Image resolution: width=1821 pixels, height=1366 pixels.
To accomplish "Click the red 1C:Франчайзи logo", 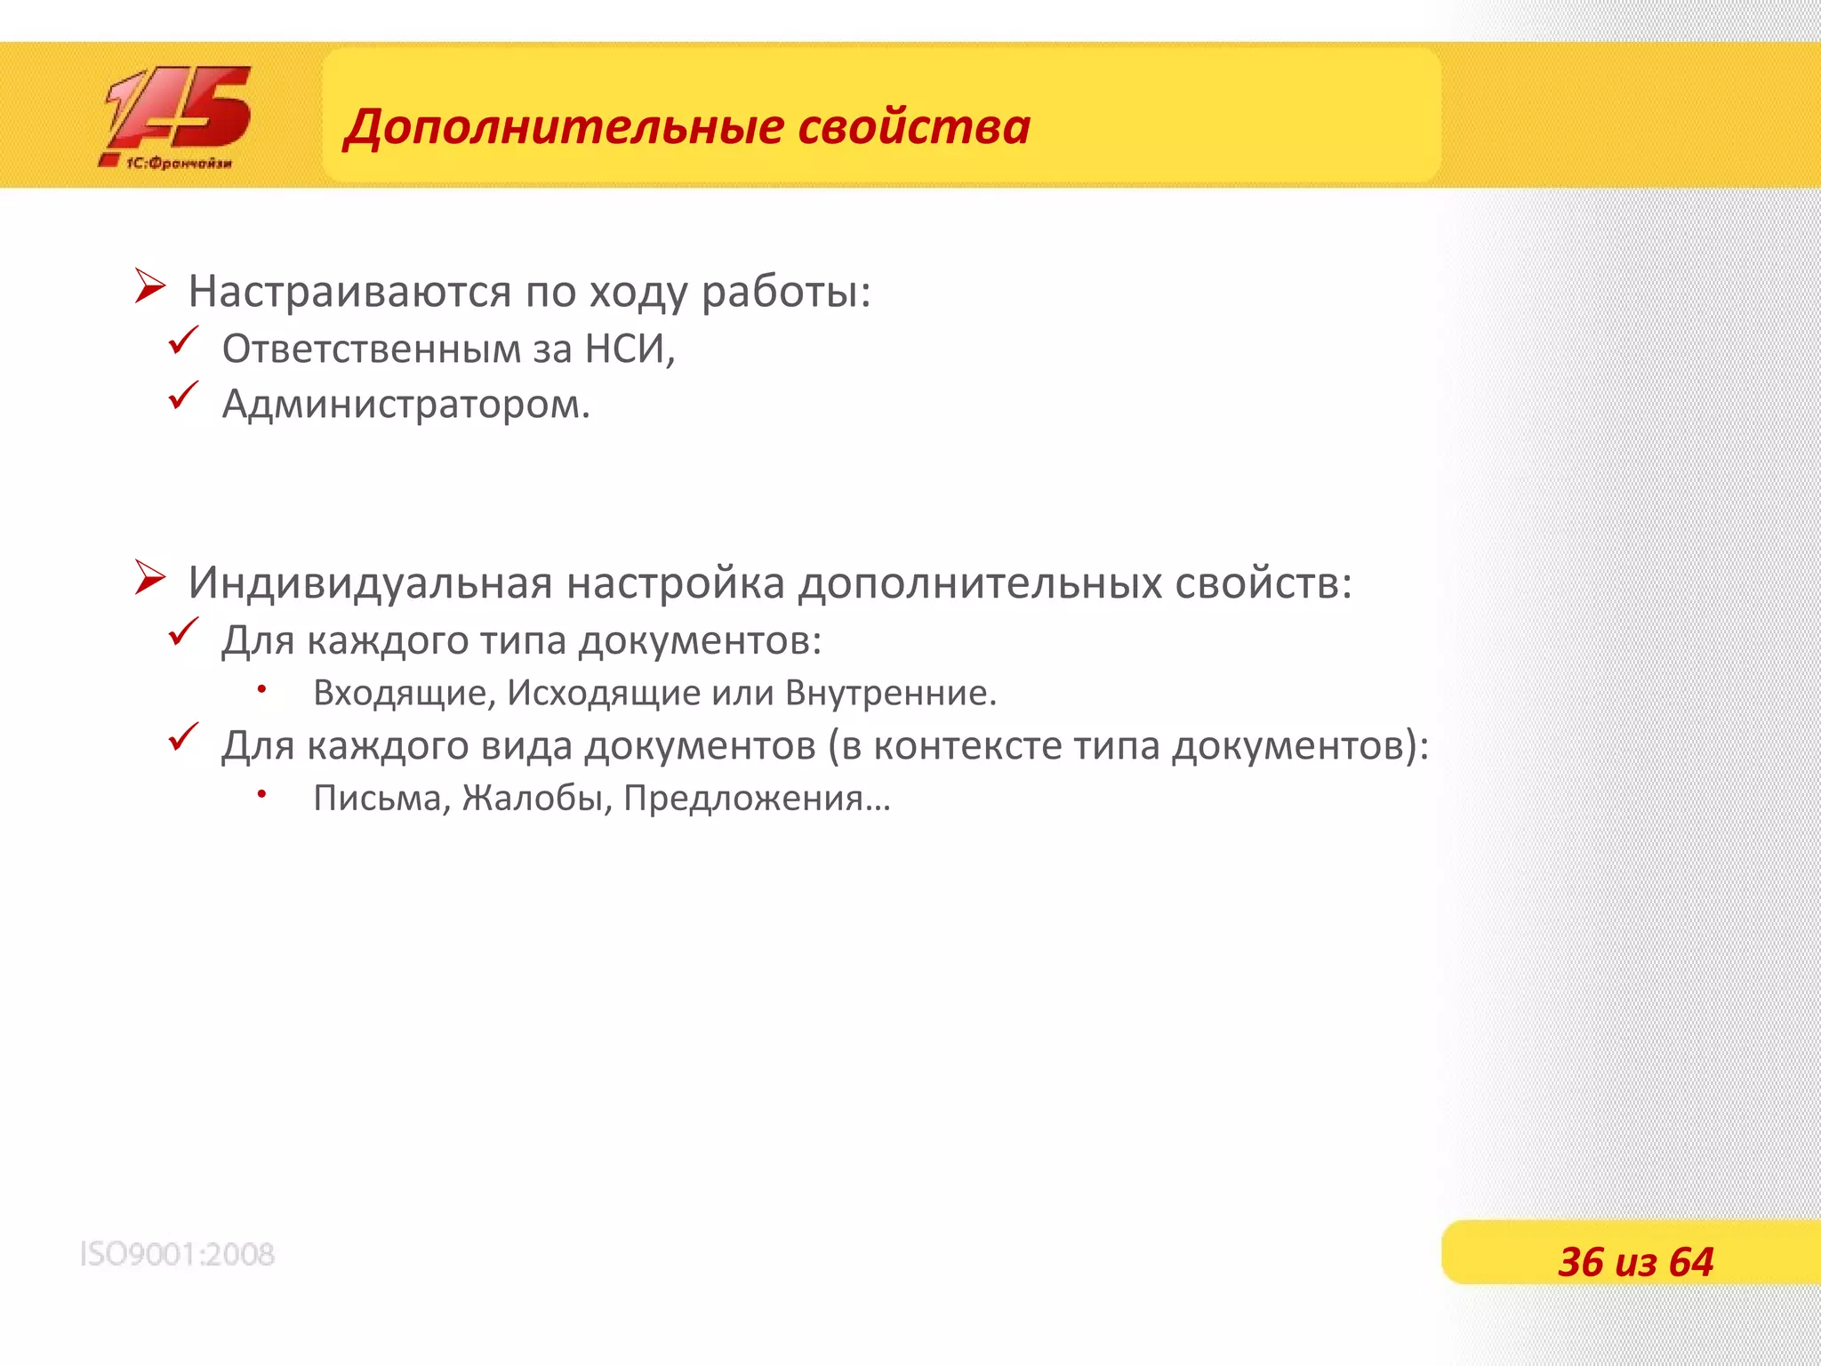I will (176, 117).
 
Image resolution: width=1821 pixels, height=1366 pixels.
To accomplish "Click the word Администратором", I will (405, 405).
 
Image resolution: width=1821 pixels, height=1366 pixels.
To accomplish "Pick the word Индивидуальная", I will (370, 583).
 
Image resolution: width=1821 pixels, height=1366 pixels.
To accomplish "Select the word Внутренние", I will (890, 693).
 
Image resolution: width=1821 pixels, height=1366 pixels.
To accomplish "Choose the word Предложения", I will (743, 799).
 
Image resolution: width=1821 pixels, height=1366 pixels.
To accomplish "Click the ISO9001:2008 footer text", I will (177, 1254).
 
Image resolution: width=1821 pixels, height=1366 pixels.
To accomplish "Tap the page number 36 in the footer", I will (1580, 1262).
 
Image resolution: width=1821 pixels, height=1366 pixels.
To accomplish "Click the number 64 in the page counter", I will (1690, 1262).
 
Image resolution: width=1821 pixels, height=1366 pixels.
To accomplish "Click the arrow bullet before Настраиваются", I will (150, 286).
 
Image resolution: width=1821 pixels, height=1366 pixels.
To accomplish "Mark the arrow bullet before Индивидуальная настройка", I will (150, 578).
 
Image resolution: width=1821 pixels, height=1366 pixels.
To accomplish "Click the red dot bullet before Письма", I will (262, 792).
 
